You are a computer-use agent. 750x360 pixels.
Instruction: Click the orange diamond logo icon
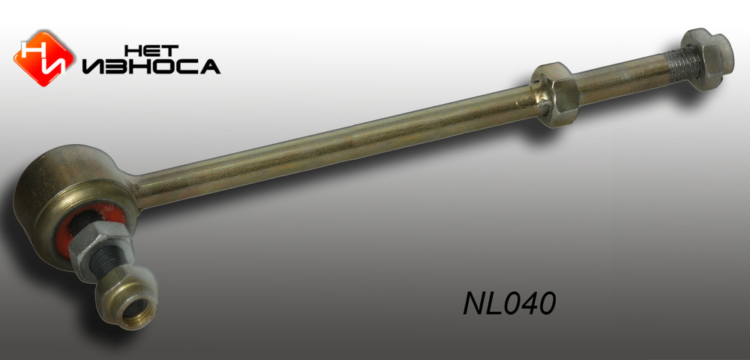(x=44, y=58)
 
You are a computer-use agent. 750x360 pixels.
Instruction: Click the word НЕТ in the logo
(x=151, y=51)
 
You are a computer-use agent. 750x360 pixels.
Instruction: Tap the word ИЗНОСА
(x=151, y=67)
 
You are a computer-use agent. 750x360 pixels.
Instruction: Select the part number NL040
(x=509, y=303)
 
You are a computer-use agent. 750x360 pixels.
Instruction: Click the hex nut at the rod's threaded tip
(x=707, y=58)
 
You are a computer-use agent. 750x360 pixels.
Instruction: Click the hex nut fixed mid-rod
(x=558, y=94)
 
